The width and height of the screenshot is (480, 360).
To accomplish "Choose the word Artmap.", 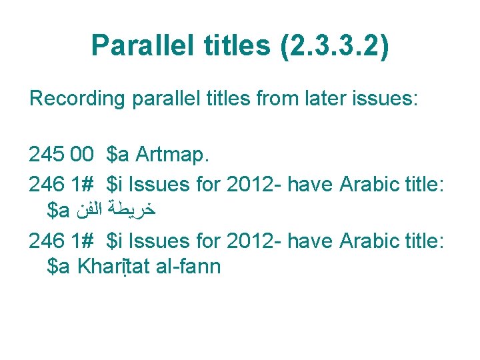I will point(173,155).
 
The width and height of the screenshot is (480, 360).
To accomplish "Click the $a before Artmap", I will point(118,155).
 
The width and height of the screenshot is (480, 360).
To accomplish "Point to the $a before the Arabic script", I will point(59,211).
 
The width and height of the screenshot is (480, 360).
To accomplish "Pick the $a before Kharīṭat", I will point(59,267).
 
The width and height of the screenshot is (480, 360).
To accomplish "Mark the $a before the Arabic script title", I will point(59,211).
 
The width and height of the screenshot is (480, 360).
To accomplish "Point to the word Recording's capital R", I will point(35,99).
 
